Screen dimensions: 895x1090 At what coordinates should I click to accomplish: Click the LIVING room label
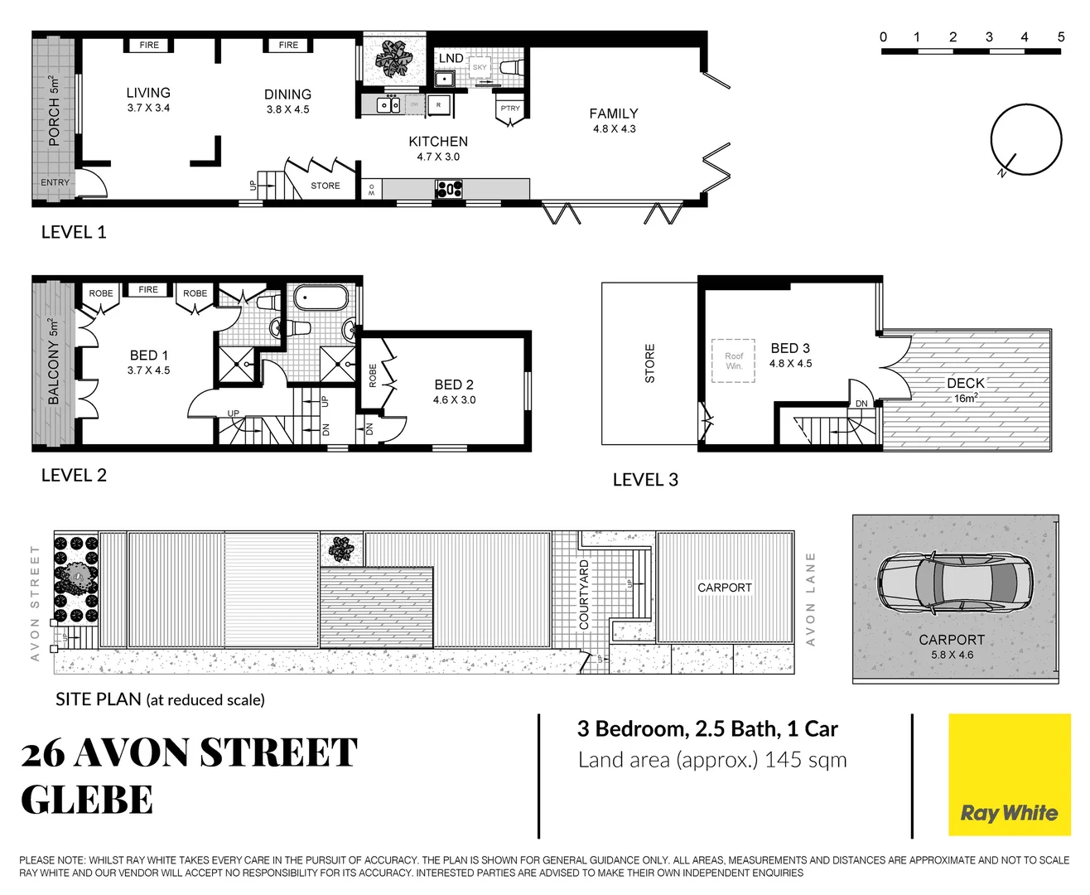click(x=148, y=93)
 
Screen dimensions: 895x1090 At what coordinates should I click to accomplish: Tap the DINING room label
click(x=287, y=94)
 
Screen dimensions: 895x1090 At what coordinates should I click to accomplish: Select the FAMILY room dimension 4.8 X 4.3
click(x=614, y=129)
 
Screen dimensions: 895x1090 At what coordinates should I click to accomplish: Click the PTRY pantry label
click(x=510, y=109)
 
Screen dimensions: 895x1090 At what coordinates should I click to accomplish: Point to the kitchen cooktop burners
click(x=448, y=189)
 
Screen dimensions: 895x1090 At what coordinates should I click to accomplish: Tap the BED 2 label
click(x=454, y=385)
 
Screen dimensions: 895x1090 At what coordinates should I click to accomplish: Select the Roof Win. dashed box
click(x=734, y=360)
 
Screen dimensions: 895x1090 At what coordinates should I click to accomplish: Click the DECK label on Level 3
click(x=966, y=383)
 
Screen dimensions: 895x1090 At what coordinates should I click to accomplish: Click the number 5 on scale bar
click(x=1061, y=36)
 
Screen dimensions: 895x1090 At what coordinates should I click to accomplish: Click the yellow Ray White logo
click(x=1009, y=775)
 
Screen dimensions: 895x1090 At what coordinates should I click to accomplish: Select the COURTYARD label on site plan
click(x=584, y=594)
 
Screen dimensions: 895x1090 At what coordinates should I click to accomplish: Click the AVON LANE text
click(x=811, y=598)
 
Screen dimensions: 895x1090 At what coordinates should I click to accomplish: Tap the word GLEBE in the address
click(x=87, y=800)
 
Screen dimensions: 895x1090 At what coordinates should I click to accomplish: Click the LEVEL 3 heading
click(x=645, y=480)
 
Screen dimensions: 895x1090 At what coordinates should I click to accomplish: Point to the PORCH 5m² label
click(x=54, y=111)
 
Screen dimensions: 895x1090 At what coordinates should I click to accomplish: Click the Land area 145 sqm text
click(x=712, y=760)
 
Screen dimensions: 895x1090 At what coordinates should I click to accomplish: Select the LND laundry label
click(x=451, y=58)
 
